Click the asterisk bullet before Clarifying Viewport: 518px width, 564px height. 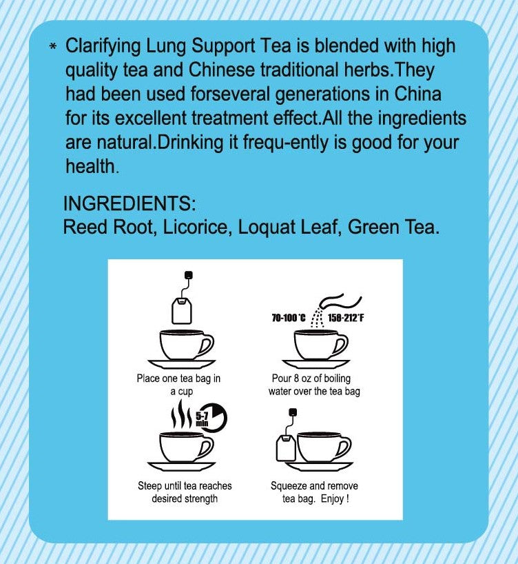pos(53,47)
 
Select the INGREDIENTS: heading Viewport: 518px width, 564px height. pos(129,205)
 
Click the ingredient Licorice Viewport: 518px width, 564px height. pos(195,227)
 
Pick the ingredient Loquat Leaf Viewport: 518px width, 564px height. pos(287,227)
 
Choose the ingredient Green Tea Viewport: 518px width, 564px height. pos(393,227)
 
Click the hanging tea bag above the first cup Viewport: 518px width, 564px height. pos(183,310)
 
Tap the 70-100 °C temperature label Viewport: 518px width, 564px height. pos(289,318)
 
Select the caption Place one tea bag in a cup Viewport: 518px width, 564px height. pos(179,385)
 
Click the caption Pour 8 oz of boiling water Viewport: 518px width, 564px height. pos(314,385)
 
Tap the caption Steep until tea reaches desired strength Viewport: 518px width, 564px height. pos(185,492)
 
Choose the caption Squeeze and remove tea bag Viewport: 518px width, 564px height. pos(315,492)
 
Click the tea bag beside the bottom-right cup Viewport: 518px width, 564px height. pos(286,448)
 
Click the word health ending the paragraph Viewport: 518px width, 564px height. pos(91,166)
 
